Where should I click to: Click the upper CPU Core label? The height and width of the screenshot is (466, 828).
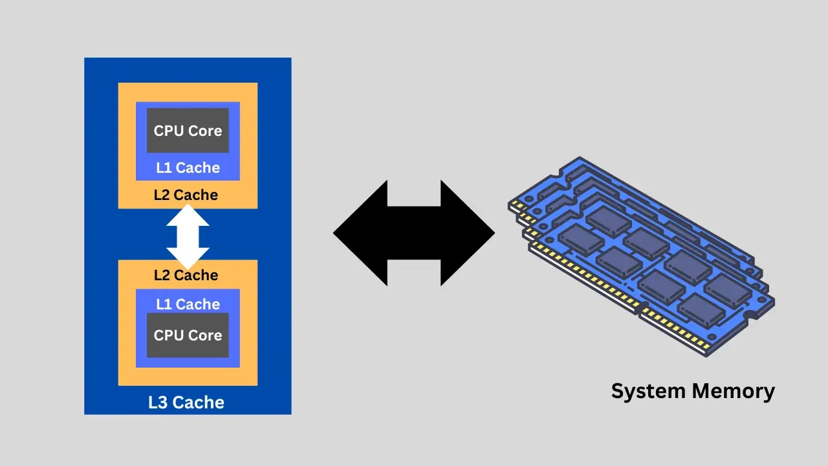188,131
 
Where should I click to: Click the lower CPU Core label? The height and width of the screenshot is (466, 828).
188,335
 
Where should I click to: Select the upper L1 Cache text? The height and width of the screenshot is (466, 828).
188,168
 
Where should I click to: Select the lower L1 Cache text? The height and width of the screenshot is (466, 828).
188,304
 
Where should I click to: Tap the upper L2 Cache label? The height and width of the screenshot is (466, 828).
186,195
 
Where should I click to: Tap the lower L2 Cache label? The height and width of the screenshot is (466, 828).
186,275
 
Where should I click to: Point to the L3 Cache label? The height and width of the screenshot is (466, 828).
186,403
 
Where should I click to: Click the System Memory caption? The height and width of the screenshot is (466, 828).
693,391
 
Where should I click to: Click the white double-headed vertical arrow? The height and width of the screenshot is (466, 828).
188,236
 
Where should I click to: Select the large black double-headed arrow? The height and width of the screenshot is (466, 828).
414,233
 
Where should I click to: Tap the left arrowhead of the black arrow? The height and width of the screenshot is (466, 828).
360,233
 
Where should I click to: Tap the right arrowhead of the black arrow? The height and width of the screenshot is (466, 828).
468,233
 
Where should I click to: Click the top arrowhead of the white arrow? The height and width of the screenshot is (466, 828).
188,216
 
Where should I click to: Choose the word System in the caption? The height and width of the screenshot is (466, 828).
649,391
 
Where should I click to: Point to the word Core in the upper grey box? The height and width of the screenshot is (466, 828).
206,131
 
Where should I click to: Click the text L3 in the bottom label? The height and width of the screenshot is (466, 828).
158,403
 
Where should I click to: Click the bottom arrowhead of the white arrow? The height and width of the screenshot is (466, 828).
188,258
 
